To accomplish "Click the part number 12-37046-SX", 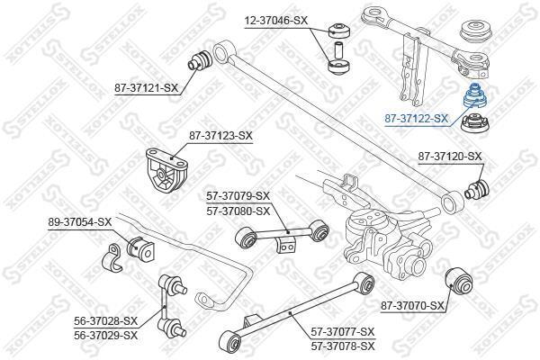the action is click(276, 21).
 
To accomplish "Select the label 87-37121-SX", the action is click(147, 88).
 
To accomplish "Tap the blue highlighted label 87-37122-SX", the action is click(417, 119).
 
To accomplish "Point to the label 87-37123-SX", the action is click(220, 136).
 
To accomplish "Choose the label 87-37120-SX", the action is click(450, 157).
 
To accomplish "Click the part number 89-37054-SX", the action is click(80, 222).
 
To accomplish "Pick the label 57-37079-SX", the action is click(238, 196).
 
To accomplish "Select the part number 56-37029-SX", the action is click(105, 335).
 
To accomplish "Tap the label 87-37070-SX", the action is click(412, 306).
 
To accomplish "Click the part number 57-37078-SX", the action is click(343, 346).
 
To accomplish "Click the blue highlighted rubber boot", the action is click(475, 96).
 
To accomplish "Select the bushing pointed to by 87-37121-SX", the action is click(200, 60).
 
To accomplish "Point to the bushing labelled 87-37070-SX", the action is click(459, 281).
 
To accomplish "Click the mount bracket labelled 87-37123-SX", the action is click(166, 170).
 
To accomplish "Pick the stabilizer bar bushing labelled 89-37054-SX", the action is click(141, 248).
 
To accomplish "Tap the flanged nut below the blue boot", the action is click(475, 123).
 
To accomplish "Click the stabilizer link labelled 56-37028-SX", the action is click(171, 306).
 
